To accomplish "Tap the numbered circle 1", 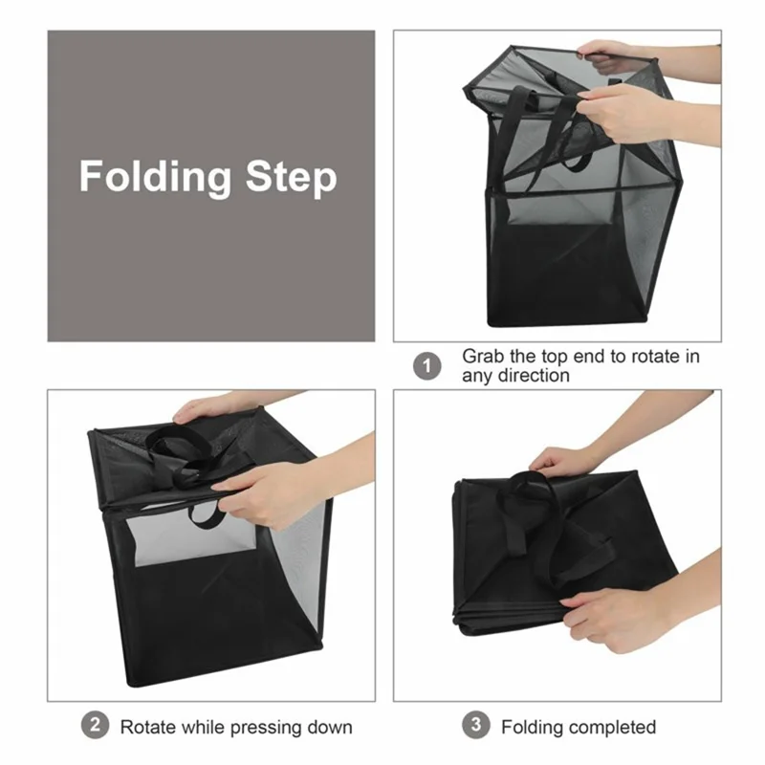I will point(427,365).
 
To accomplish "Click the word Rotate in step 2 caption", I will point(147,727).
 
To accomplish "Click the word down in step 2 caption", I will point(330,727).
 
